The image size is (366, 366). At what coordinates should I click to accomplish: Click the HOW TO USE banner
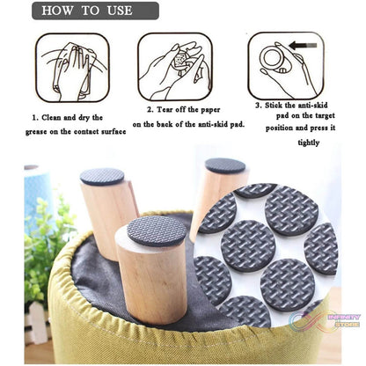pyautogui.click(x=95, y=11)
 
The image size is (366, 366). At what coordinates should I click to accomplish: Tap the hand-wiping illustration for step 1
pyautogui.click(x=73, y=68)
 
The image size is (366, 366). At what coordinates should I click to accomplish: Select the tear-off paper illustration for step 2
pyautogui.click(x=175, y=67)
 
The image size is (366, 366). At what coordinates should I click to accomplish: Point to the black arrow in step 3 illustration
pyautogui.click(x=303, y=46)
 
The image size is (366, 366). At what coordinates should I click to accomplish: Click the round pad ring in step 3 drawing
pyautogui.click(x=273, y=56)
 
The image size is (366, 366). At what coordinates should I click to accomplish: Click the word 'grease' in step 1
pyautogui.click(x=36, y=132)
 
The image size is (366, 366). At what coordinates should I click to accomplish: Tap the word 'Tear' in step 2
pyautogui.click(x=165, y=110)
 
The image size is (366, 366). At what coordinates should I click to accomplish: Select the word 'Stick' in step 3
pyautogui.click(x=274, y=106)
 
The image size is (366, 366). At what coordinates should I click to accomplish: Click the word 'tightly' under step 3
pyautogui.click(x=309, y=143)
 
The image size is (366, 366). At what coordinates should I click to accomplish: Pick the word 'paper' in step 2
pyautogui.click(x=210, y=110)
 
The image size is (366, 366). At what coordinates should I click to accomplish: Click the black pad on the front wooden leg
pyautogui.click(x=157, y=231)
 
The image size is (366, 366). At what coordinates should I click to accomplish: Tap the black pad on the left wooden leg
pyautogui.click(x=102, y=176)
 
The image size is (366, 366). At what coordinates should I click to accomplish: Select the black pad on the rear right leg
pyautogui.click(x=225, y=165)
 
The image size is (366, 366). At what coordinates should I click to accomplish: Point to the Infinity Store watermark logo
pyautogui.click(x=325, y=321)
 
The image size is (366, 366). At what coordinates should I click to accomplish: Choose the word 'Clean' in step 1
pyautogui.click(x=52, y=118)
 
